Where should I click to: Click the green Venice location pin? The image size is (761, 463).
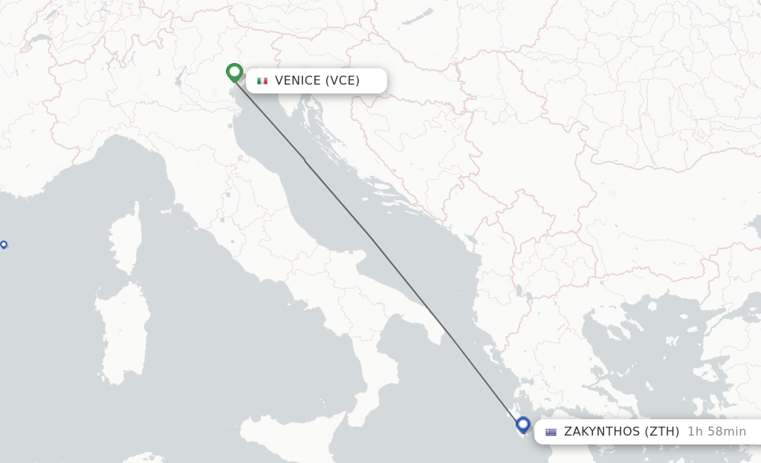point(234,72)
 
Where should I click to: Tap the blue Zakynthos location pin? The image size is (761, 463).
point(522,425)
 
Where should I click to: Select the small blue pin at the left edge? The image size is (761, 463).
point(4,244)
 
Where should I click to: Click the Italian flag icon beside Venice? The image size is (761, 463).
point(262,81)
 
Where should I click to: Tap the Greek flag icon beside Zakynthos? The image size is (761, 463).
point(551,432)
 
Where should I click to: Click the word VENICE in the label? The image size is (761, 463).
point(298,81)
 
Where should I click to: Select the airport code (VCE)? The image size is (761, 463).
point(343,81)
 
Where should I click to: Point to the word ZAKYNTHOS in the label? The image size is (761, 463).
point(602,432)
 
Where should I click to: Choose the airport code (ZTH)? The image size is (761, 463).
point(661,432)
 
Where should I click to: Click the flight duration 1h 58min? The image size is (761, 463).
point(716,432)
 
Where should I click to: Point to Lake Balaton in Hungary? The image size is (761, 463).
point(422,15)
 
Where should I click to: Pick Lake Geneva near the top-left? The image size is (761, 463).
point(39,39)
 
